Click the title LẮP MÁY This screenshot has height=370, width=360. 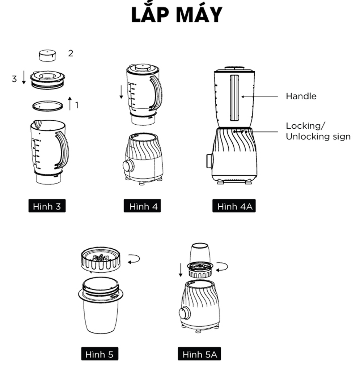[x=177, y=15]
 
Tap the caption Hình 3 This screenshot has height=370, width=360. [x=47, y=207]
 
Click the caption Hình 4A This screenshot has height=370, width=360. [x=234, y=207]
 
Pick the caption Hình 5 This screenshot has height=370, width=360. [x=99, y=354]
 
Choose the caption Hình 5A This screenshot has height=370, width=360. [x=199, y=354]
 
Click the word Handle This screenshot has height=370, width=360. [x=301, y=96]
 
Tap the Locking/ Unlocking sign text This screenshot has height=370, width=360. [x=318, y=131]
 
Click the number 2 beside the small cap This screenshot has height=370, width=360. [x=71, y=53]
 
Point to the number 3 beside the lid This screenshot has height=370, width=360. [x=14, y=79]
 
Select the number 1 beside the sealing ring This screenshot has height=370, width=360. [x=77, y=105]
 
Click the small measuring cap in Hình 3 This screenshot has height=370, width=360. [x=47, y=56]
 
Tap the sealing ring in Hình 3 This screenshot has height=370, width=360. [x=47, y=106]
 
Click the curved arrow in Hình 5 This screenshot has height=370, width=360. [x=134, y=259]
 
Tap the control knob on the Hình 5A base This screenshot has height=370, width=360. [x=185, y=313]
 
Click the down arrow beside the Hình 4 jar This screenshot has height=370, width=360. [x=121, y=92]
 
